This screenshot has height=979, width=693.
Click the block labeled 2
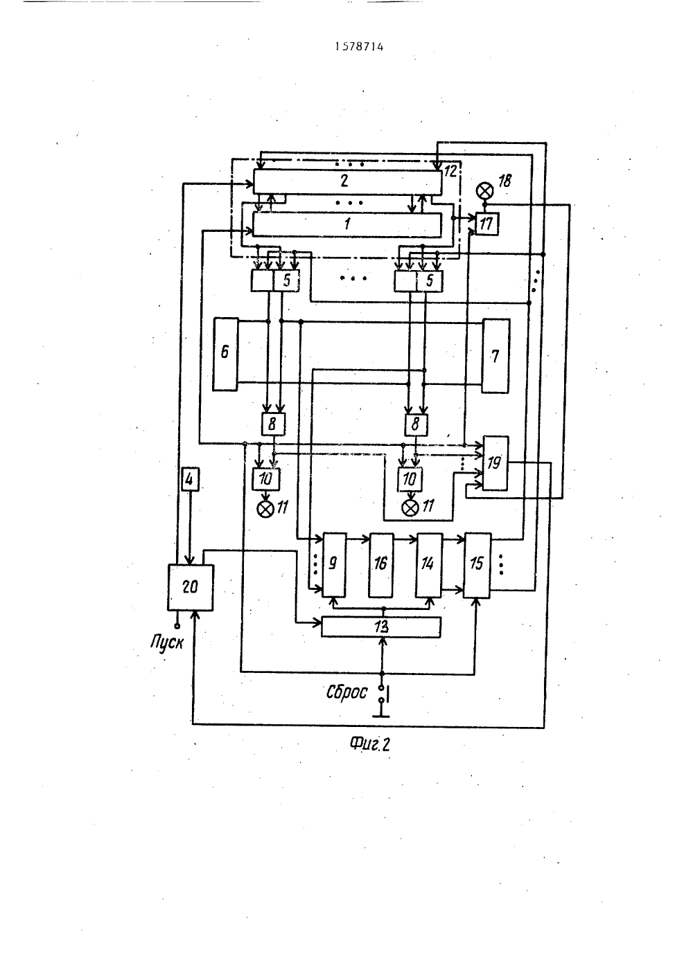348,181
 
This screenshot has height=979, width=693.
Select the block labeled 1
347,224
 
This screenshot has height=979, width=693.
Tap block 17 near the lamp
486,224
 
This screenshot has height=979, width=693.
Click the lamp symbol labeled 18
484,190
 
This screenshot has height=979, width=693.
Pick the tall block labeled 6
225,354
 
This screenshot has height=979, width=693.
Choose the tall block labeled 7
495,356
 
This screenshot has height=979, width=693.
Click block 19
495,462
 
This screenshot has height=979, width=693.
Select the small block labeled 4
189,479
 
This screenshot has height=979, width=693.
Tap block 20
191,587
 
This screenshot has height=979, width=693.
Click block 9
334,565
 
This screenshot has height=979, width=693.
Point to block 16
381,565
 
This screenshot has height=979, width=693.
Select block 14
429,565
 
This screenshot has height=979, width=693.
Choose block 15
477,565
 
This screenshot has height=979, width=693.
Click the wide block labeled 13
381,627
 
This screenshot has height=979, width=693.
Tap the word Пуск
167,642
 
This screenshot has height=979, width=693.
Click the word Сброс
346,692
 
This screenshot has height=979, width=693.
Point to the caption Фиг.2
369,744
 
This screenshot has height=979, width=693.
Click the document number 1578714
359,47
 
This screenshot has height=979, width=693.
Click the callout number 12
450,170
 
